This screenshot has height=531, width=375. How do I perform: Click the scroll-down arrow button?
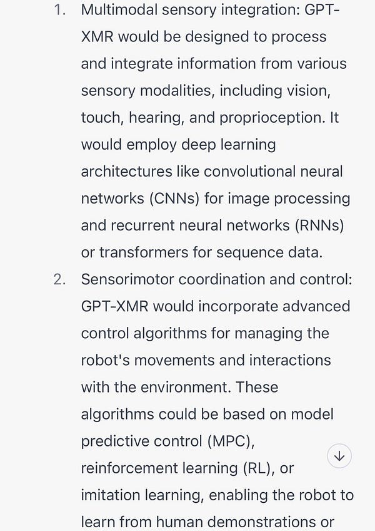point(339,456)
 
